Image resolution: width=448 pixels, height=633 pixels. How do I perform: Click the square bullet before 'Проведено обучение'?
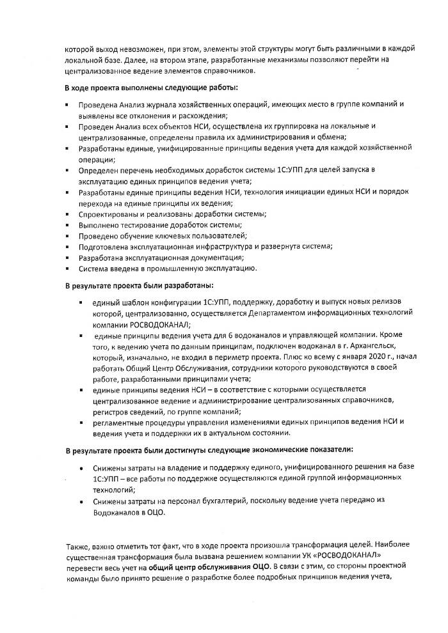click(67, 236)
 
